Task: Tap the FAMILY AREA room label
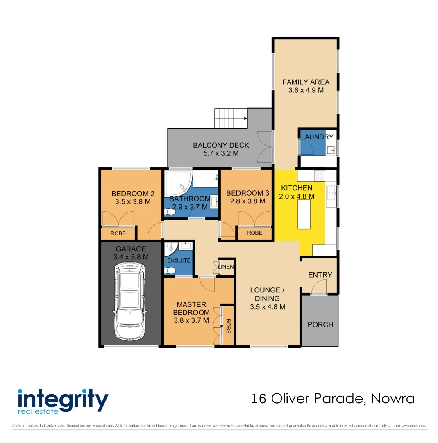(x=306, y=82)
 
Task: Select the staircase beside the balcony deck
(x=230, y=118)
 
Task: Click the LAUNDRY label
(x=317, y=137)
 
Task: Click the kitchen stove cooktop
(x=319, y=176)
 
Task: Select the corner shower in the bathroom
(x=177, y=184)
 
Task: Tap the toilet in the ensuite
(x=170, y=270)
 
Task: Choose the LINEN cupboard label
(x=227, y=267)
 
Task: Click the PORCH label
(x=320, y=324)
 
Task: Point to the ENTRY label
(x=320, y=275)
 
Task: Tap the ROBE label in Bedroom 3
(x=254, y=233)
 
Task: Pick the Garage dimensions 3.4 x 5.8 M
(x=131, y=257)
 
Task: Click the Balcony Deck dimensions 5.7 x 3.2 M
(x=221, y=153)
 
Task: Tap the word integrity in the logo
(x=63, y=399)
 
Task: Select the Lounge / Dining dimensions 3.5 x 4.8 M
(x=268, y=307)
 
